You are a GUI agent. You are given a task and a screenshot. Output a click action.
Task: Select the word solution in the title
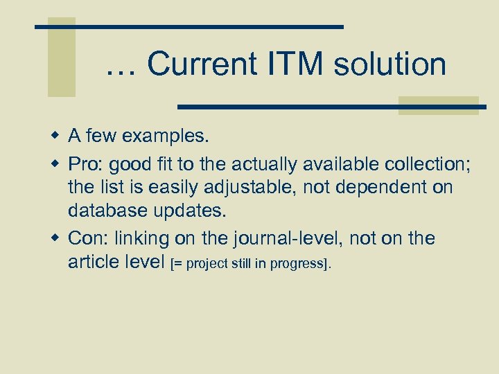[389, 64]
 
